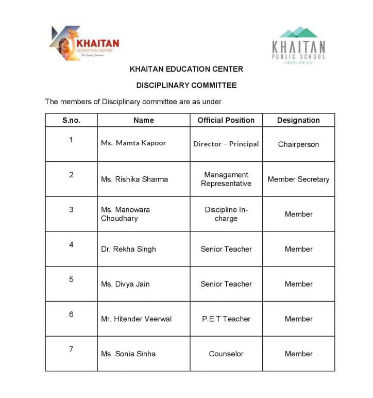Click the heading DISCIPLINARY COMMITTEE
(x=186, y=85)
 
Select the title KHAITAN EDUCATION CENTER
(x=186, y=69)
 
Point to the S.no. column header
(x=71, y=120)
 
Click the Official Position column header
(x=226, y=120)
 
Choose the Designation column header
(x=298, y=120)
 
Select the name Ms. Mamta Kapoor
(x=133, y=143)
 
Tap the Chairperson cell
(x=298, y=144)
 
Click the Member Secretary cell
(x=298, y=179)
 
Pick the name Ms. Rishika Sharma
(x=134, y=179)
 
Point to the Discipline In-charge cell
(x=226, y=214)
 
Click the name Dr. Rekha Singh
(x=128, y=249)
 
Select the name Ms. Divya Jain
(x=125, y=284)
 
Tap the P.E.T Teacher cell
(x=226, y=319)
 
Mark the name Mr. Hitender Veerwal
(x=136, y=319)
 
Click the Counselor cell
(x=226, y=354)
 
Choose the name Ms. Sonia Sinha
(x=128, y=354)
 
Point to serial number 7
(x=71, y=349)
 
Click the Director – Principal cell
(x=226, y=144)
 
